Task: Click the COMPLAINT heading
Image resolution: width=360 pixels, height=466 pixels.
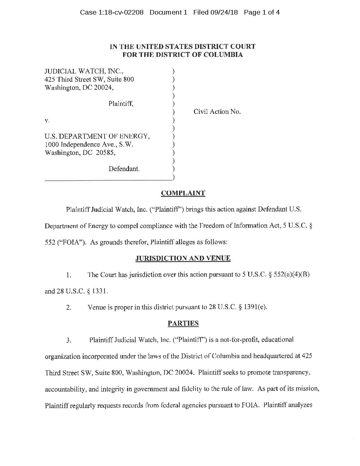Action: [x=183, y=193]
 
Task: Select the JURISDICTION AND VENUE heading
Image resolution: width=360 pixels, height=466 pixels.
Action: [x=183, y=258]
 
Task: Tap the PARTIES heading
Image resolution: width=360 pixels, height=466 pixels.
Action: [x=183, y=323]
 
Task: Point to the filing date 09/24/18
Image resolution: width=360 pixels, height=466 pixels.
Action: [x=224, y=13]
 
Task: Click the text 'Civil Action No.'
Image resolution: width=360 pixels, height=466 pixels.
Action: [x=217, y=112]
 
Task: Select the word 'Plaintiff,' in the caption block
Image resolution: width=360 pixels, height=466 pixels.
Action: [x=121, y=104]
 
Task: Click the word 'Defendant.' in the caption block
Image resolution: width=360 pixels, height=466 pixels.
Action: [x=124, y=169]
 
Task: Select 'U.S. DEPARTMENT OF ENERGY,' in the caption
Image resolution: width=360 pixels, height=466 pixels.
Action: [x=98, y=136]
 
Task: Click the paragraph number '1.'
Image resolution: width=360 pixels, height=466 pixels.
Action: [x=68, y=275]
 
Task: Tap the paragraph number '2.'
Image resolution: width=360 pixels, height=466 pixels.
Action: [x=68, y=307]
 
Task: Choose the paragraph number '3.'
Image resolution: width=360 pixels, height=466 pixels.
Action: [x=68, y=340]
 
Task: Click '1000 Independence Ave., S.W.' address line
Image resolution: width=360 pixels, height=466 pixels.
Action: [x=89, y=145]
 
